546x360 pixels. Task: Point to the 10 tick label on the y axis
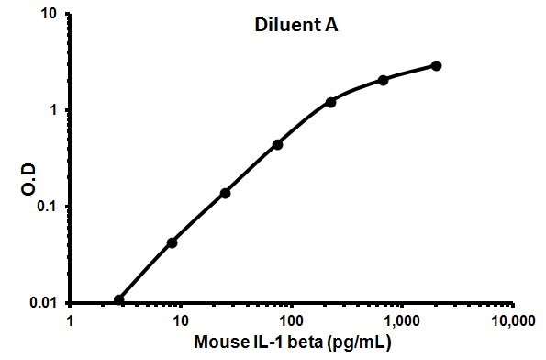click(50, 15)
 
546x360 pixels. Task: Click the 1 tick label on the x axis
click(71, 321)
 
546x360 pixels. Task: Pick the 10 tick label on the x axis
click(181, 321)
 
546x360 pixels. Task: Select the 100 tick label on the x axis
click(291, 321)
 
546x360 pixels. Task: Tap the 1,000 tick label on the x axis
click(401, 321)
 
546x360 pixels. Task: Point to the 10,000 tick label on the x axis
click(510, 321)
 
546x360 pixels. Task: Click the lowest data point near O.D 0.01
click(119, 299)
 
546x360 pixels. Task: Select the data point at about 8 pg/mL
click(172, 242)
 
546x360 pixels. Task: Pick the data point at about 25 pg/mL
click(225, 193)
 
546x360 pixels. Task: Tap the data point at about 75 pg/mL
click(277, 144)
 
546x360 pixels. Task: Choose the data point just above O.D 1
click(330, 102)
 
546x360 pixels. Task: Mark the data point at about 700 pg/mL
click(383, 80)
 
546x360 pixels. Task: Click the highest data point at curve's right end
click(436, 66)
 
